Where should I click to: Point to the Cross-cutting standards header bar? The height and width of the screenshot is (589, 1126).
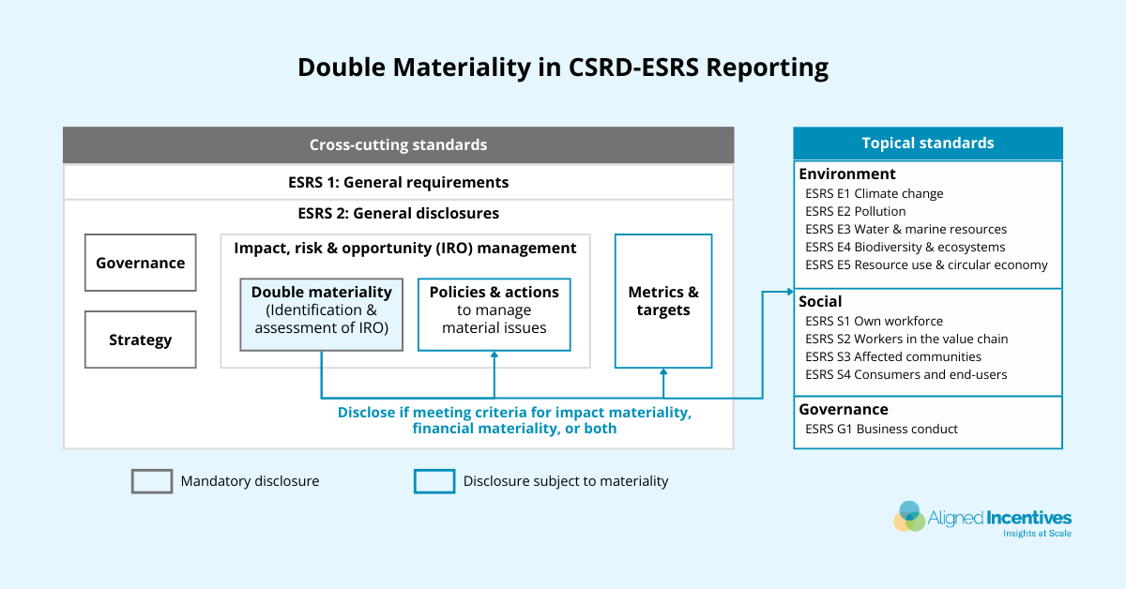click(x=399, y=144)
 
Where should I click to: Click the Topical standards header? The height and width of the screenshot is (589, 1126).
click(x=928, y=143)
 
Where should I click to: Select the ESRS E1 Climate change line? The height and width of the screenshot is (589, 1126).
click(x=875, y=193)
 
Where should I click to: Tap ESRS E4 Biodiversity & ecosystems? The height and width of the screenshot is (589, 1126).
click(x=905, y=247)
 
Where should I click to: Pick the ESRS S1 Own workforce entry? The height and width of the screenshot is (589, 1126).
click(x=875, y=321)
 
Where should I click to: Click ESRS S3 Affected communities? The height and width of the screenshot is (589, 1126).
click(x=893, y=356)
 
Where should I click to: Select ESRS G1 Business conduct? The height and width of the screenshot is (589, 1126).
click(x=882, y=429)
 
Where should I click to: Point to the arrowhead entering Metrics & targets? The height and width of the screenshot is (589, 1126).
click(x=663, y=372)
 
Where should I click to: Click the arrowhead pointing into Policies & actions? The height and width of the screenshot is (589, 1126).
click(x=495, y=355)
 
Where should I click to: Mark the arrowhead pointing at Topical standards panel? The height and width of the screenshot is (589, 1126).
click(x=790, y=292)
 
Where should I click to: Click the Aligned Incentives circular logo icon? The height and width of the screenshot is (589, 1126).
click(x=909, y=517)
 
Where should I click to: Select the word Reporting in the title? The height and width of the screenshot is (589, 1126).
click(x=768, y=68)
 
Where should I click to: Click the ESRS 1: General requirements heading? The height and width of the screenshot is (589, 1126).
click(x=399, y=182)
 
